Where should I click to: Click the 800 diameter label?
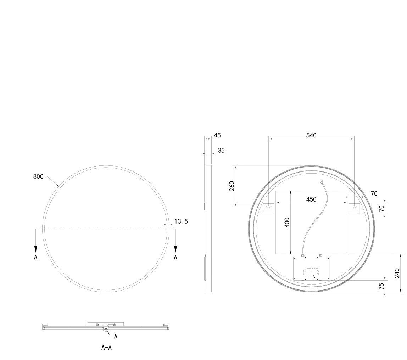(x=38, y=176)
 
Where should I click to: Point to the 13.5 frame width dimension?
(x=181, y=221)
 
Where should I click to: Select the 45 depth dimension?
(x=217, y=135)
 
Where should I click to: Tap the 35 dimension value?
(x=221, y=151)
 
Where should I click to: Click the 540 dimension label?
(x=311, y=135)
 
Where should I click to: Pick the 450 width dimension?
(x=311, y=199)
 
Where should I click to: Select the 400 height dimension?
(x=287, y=223)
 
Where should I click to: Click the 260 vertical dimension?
(x=232, y=186)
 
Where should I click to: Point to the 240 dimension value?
(x=397, y=273)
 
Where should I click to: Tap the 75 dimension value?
(x=381, y=286)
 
